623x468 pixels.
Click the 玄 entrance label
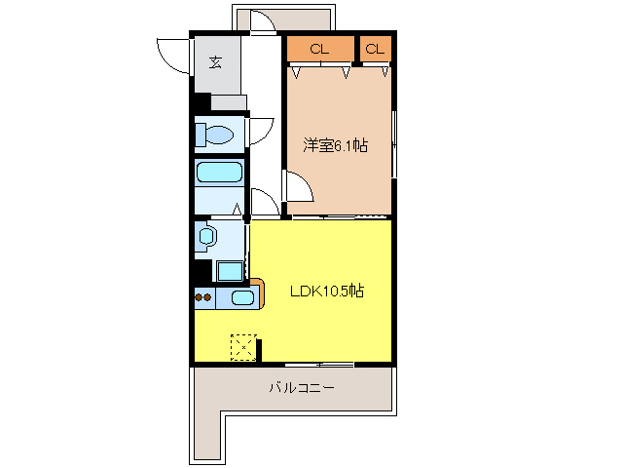tap(215, 63)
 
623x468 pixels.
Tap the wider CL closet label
tap(319, 49)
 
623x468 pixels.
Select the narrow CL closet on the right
tap(375, 49)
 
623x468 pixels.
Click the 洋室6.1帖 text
tap(334, 145)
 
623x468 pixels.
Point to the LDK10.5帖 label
tap(326, 291)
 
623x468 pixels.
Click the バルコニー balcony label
tap(302, 388)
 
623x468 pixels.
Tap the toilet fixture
tap(215, 135)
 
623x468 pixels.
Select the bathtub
tap(219, 174)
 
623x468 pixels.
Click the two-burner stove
tap(203, 297)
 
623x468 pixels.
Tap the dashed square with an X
tap(243, 347)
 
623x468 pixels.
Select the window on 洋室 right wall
tap(394, 144)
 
